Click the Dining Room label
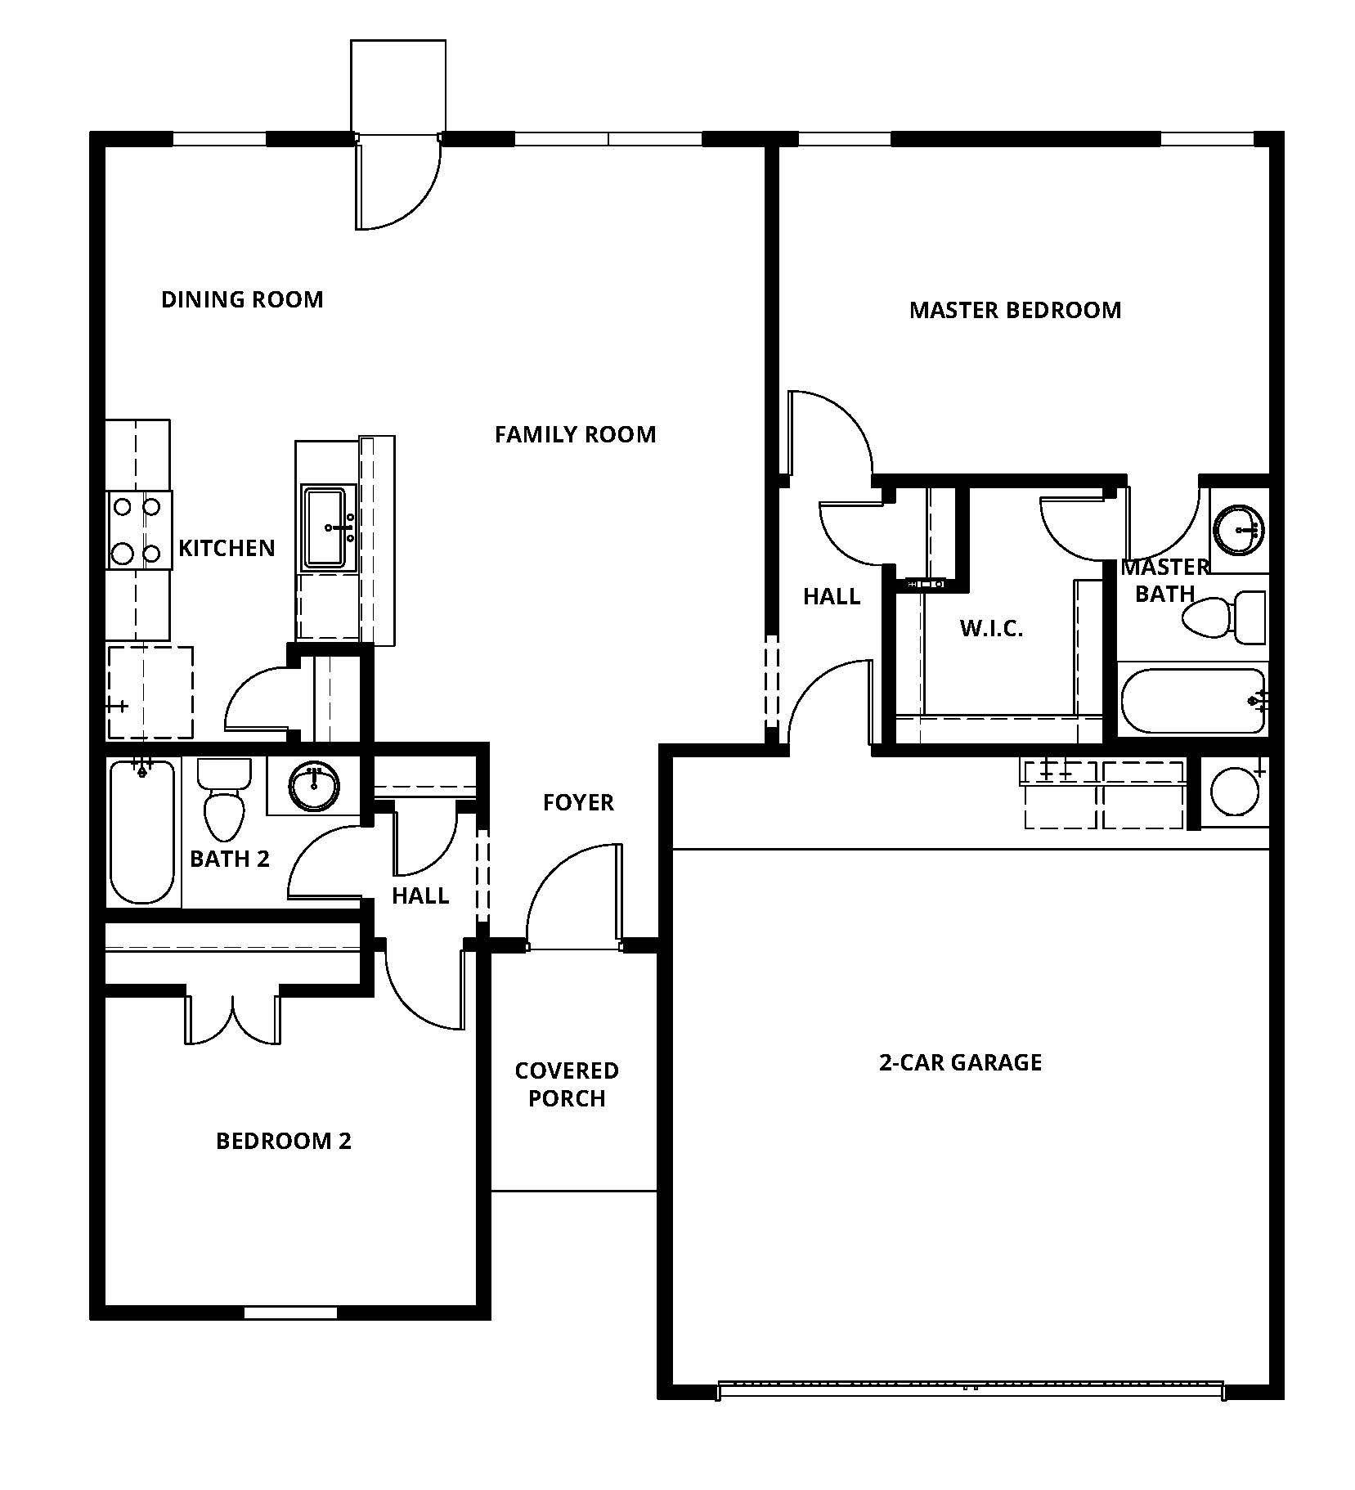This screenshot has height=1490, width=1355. pos(242,299)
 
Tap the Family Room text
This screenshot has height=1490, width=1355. pos(576,434)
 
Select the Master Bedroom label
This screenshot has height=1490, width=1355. pos(1015,310)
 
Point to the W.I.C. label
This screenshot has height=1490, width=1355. pos(991,629)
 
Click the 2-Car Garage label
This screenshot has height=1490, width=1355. pos(960,1062)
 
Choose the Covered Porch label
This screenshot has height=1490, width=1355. pos(567,1084)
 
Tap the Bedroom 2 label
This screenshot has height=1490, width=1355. pos(284,1141)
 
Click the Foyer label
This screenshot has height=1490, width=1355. pos(578,802)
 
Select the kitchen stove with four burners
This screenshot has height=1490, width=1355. pos(139,530)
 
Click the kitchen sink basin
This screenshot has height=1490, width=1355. pos(326,527)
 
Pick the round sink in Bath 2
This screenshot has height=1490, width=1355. pos(314,786)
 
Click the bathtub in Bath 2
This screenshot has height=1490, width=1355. pos(143,832)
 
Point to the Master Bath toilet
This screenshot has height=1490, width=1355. pos(1223,617)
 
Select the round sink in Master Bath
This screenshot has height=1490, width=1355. pos(1239,530)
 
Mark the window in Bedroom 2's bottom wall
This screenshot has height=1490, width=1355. pos(290,1313)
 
